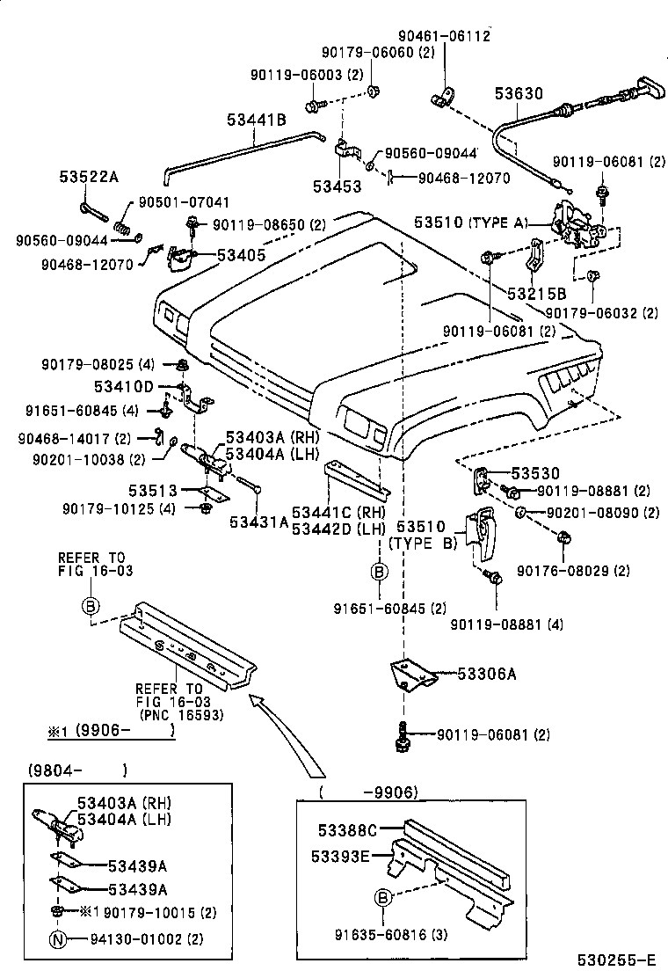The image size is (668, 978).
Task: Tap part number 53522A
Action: pos(89,177)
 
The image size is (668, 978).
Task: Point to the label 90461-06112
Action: pos(445,35)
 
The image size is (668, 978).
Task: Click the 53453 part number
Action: pos(336,186)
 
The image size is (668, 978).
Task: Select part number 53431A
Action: pos(259,522)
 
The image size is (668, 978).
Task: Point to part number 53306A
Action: pos(486,675)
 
